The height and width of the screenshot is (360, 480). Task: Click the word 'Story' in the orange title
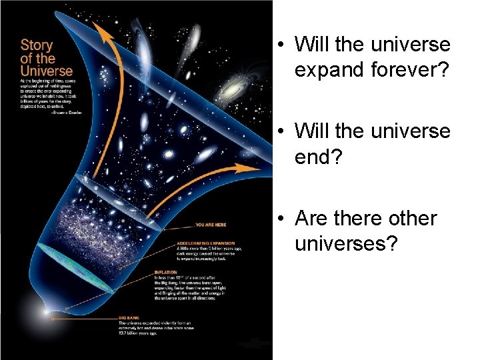(x=37, y=45)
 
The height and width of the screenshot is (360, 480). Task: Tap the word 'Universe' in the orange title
(x=47, y=69)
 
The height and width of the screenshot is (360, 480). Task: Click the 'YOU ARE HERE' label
(x=210, y=225)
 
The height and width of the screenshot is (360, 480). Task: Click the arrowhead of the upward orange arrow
(x=102, y=29)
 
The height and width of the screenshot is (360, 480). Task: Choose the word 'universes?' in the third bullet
(x=346, y=244)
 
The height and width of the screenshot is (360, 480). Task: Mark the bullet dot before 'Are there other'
(x=283, y=219)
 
